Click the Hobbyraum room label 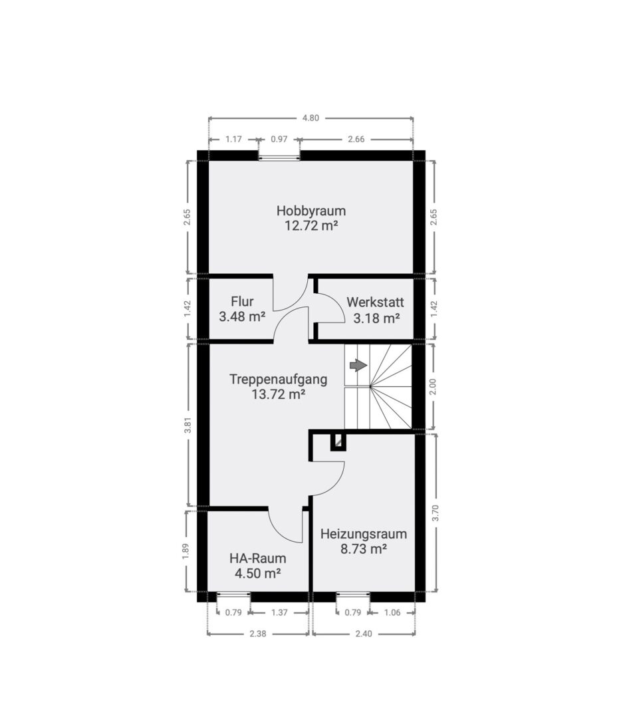(311, 211)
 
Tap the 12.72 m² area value (311, 226)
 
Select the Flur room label (242, 301)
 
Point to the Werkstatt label (375, 302)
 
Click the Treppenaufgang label (279, 380)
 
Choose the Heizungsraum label (364, 534)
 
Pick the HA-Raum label (258, 558)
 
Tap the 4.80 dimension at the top (311, 118)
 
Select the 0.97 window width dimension (279, 139)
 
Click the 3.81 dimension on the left (187, 425)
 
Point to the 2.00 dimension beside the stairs (434, 387)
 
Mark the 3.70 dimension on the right (436, 513)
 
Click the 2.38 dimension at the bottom (257, 634)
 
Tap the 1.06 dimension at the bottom (392, 613)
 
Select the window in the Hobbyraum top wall (279, 158)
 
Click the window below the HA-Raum (233, 594)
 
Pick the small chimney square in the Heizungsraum (338, 441)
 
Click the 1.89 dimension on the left (186, 551)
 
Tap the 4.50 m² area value (258, 573)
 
